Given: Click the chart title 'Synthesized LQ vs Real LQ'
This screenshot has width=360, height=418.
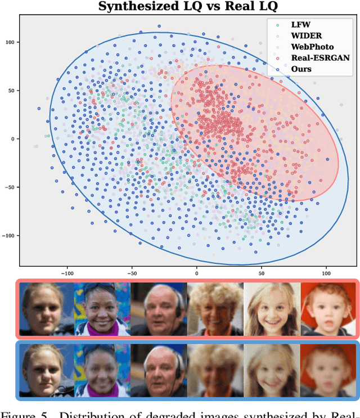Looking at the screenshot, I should [x=188, y=7].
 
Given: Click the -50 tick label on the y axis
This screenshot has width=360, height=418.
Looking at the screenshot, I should [x=10, y=187].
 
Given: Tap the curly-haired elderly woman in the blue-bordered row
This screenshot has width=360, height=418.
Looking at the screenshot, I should [x=215, y=368].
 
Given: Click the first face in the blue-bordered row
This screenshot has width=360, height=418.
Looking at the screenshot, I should [x=47, y=368].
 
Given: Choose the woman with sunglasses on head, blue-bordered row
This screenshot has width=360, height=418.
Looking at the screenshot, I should [x=103, y=368].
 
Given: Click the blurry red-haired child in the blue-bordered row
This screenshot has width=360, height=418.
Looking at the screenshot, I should [x=328, y=368].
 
